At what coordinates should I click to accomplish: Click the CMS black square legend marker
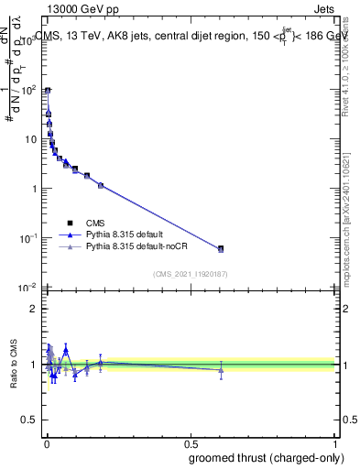[70, 223]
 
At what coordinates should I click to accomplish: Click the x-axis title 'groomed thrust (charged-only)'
[261, 458]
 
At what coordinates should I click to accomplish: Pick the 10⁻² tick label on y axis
[29, 288]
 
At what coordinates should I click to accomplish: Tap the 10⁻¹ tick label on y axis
[29, 238]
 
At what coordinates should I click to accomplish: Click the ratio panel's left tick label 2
[33, 308]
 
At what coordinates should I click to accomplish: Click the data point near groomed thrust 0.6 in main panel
[221, 248]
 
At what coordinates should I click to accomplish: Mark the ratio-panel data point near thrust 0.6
[221, 370]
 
